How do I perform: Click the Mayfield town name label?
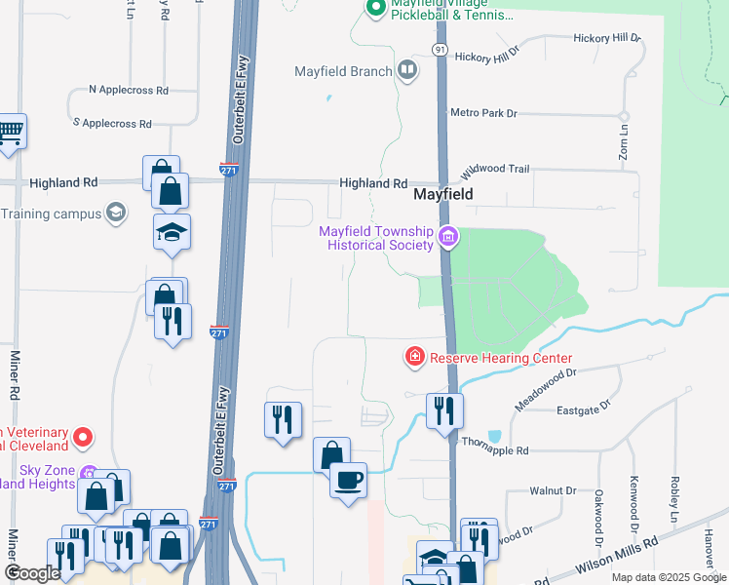coord(443,194)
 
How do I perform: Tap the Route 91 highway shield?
coord(441,49)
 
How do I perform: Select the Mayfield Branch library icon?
coord(407,70)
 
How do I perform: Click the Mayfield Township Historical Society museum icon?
coord(448,236)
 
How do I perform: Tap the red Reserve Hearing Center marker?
coord(415,358)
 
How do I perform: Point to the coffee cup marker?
coord(348,480)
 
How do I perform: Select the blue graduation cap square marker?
coord(172,232)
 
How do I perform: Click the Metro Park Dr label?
coord(483,113)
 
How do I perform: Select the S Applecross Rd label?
coord(112,124)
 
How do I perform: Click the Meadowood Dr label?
coord(546,389)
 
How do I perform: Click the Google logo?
coord(32,573)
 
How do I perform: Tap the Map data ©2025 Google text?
coord(669,577)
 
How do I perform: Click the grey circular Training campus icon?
coord(116,213)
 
